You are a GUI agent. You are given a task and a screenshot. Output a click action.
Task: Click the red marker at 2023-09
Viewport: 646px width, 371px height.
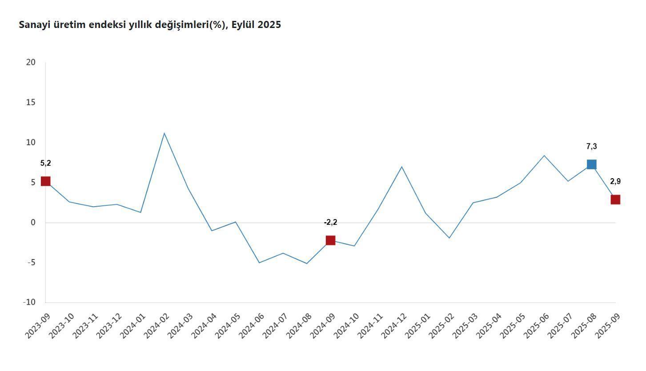(x=45, y=181)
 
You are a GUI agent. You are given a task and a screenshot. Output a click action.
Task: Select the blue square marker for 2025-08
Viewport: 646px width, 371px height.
(x=591, y=164)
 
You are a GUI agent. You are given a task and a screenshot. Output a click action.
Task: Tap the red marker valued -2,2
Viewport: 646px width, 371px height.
(x=330, y=240)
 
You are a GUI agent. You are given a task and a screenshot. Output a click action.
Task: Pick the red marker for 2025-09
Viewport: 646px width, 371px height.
(x=615, y=199)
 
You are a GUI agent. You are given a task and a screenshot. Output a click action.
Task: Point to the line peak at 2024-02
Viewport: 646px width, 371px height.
(x=164, y=133)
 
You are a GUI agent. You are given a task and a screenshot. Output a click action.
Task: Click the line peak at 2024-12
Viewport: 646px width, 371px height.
(x=401, y=167)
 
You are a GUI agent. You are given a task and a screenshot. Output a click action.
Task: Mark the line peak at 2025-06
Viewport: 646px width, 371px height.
(x=544, y=156)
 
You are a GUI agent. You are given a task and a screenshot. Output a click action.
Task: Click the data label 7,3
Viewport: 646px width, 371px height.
(x=591, y=147)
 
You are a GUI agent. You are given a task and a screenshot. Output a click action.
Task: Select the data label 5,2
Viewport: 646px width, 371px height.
(x=45, y=163)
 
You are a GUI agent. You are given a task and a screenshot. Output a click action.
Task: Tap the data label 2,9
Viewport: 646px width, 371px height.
(x=615, y=181)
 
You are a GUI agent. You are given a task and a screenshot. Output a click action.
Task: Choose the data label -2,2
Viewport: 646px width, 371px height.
(x=330, y=222)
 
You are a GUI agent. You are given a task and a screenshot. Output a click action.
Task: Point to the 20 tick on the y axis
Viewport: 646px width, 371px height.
(x=31, y=62)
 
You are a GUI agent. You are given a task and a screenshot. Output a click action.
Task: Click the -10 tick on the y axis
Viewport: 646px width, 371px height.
(x=29, y=302)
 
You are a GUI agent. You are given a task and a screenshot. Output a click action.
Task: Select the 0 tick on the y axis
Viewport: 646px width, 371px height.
(x=32, y=223)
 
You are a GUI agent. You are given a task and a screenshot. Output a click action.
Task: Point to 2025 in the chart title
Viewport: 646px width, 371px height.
(x=269, y=25)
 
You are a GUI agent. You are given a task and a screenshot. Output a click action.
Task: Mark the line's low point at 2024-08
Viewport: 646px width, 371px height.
(x=307, y=263)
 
